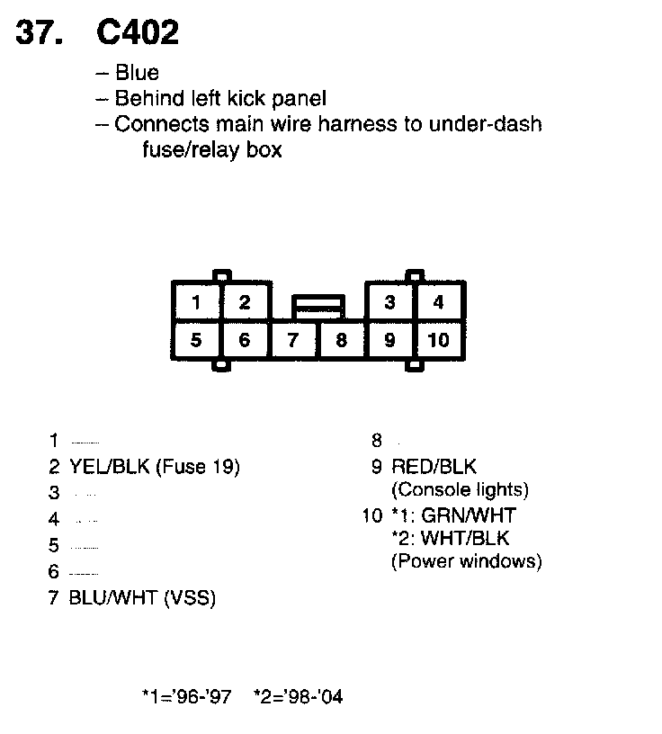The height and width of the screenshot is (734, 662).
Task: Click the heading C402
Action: [x=138, y=32]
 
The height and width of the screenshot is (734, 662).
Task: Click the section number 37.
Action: [x=40, y=32]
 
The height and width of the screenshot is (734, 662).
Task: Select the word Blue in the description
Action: [x=137, y=73]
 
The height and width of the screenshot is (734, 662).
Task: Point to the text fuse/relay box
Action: [x=211, y=149]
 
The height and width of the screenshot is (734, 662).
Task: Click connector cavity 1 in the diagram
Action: [x=196, y=302]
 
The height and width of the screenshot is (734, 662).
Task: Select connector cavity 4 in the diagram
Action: [x=438, y=302]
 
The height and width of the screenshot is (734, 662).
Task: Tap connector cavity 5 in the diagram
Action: [x=196, y=340]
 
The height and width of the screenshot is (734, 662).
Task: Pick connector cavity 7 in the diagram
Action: [x=292, y=340]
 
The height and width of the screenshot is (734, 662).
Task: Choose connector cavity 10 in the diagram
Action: [x=438, y=340]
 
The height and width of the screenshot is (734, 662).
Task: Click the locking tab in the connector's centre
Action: [x=318, y=306]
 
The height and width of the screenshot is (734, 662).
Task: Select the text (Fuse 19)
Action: [x=198, y=467]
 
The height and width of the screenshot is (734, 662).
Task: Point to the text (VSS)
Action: [x=189, y=596]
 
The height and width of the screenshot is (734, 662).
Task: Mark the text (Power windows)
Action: [x=466, y=562]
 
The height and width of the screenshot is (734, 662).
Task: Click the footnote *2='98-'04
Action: [x=298, y=696]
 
